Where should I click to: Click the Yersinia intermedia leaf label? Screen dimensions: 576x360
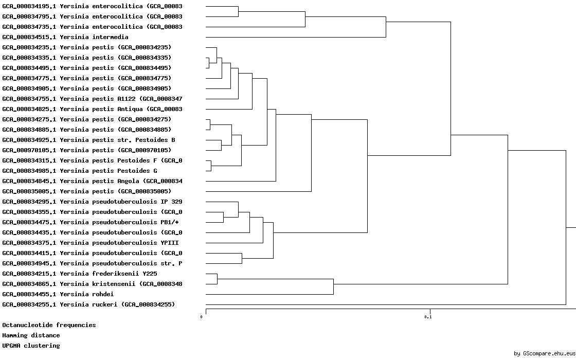(x=65, y=37)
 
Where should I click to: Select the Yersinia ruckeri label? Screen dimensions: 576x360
(x=88, y=304)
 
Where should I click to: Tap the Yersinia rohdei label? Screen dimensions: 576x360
(x=58, y=294)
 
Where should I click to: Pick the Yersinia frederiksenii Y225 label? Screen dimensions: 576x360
(x=80, y=274)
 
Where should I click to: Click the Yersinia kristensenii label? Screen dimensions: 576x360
(x=92, y=284)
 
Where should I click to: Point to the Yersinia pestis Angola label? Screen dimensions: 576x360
(x=92, y=181)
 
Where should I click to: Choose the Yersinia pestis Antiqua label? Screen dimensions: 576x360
(x=92, y=109)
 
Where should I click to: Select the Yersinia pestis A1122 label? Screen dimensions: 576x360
(x=92, y=99)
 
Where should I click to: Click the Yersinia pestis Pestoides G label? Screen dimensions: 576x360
(x=80, y=171)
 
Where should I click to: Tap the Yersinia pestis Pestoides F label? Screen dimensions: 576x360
(x=92, y=160)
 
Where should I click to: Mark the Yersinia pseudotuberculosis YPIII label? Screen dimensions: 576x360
(x=91, y=243)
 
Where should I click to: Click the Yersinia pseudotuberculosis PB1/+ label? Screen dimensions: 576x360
(x=91, y=222)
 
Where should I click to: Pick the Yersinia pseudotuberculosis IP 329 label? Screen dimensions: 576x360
(x=92, y=202)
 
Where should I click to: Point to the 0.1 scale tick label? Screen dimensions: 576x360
(x=428, y=317)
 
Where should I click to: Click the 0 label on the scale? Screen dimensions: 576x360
(x=201, y=317)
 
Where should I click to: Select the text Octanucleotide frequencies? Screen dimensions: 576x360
(x=49, y=325)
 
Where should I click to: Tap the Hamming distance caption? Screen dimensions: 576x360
(x=31, y=335)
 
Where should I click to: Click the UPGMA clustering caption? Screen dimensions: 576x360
(x=31, y=346)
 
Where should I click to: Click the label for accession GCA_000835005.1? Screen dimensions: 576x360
(x=87, y=191)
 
